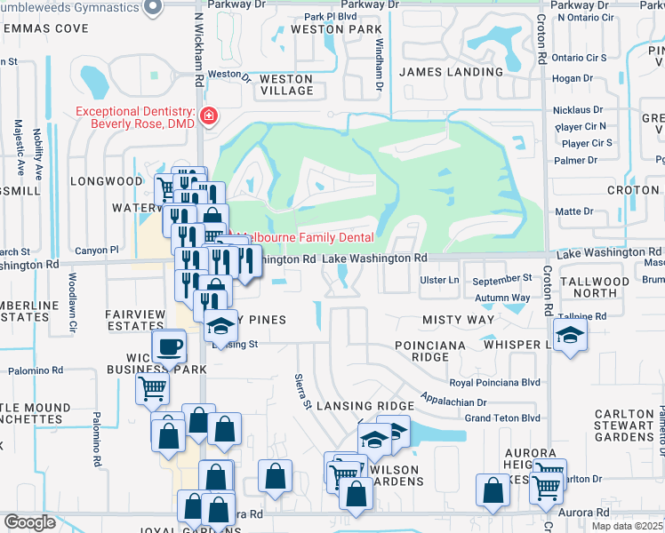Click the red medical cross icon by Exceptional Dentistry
click(x=209, y=115)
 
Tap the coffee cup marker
click(x=168, y=346)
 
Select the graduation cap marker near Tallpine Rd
click(x=569, y=334)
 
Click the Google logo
click(x=29, y=522)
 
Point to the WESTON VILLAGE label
click(x=285, y=84)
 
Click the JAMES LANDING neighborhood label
click(x=451, y=71)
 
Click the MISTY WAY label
click(x=459, y=319)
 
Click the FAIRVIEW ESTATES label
click(x=135, y=319)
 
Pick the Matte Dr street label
click(x=573, y=211)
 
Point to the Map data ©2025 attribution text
click(x=628, y=526)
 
